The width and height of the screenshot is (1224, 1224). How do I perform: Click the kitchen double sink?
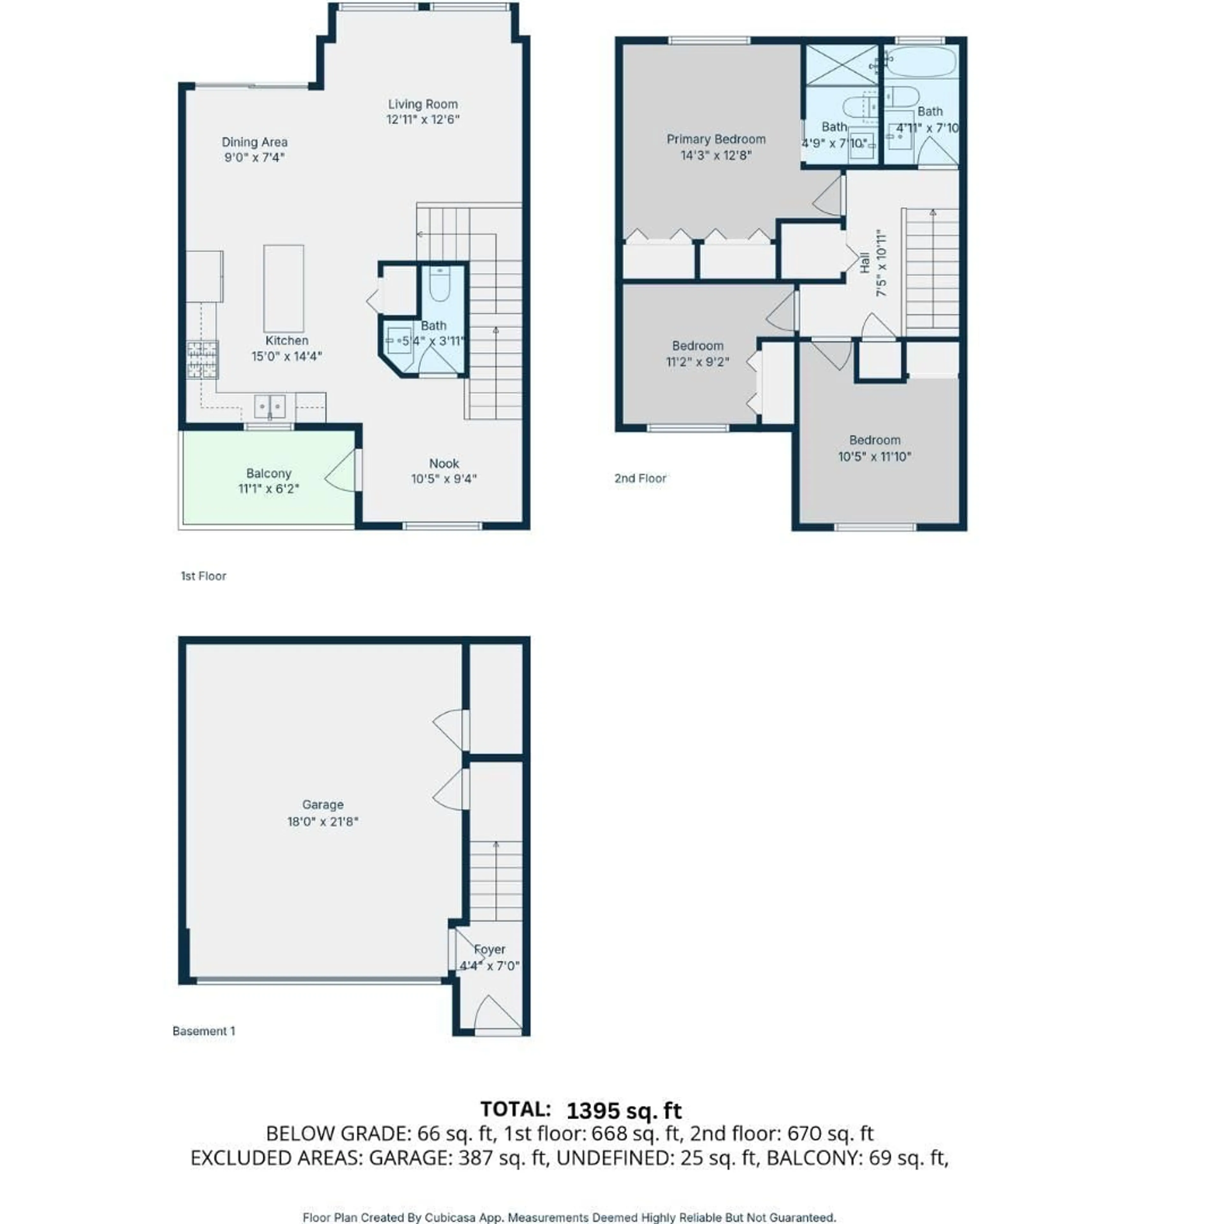270,406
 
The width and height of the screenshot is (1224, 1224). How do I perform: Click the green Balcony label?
269,473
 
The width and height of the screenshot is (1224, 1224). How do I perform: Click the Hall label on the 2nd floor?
865,263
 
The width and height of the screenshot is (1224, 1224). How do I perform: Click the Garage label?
323,805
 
